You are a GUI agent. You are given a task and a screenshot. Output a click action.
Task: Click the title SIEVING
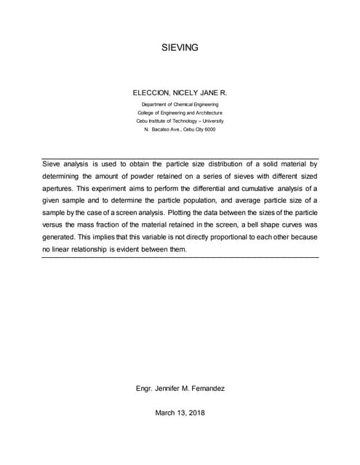pos(180,48)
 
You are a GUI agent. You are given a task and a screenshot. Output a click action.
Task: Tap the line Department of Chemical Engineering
pos(180,105)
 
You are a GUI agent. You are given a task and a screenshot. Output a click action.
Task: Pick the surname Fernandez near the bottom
pos(204,389)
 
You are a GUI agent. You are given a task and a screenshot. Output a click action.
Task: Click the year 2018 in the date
pos(195,413)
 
